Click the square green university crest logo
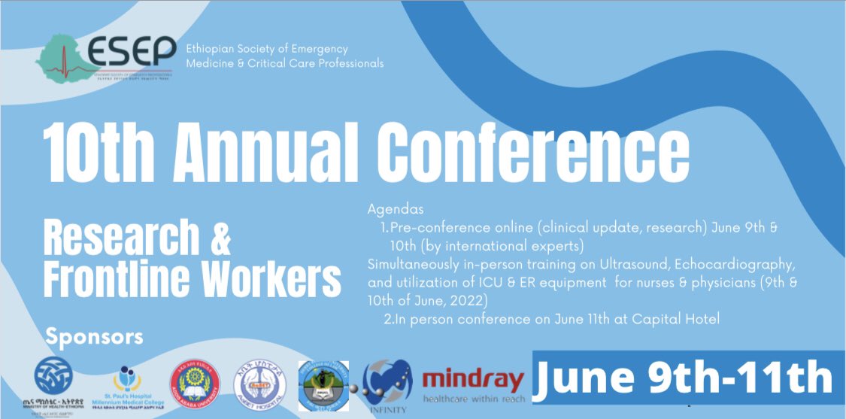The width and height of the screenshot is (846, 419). [x=323, y=384]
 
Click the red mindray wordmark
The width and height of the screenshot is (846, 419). [x=472, y=379]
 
